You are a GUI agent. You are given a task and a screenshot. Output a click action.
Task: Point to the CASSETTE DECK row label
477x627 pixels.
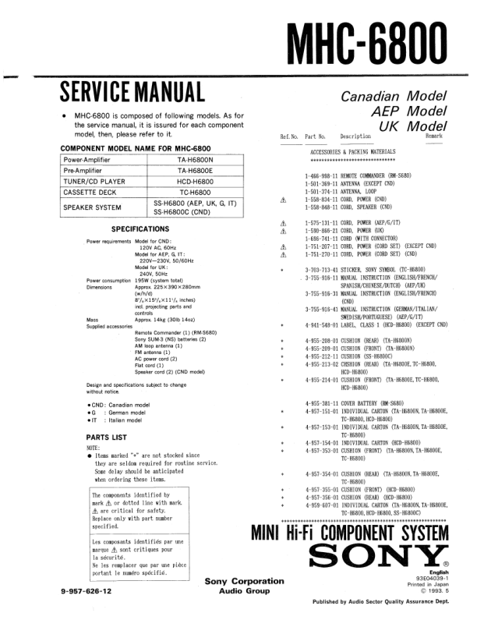(x=93, y=191)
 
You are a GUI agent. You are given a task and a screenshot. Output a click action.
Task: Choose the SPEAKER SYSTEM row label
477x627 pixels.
(x=93, y=207)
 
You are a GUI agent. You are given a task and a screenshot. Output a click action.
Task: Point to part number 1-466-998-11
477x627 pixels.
(x=320, y=177)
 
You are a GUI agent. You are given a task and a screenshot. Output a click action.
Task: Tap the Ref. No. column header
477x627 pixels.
(x=289, y=137)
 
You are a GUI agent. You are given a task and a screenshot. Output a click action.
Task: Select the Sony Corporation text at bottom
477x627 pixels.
(x=244, y=582)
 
